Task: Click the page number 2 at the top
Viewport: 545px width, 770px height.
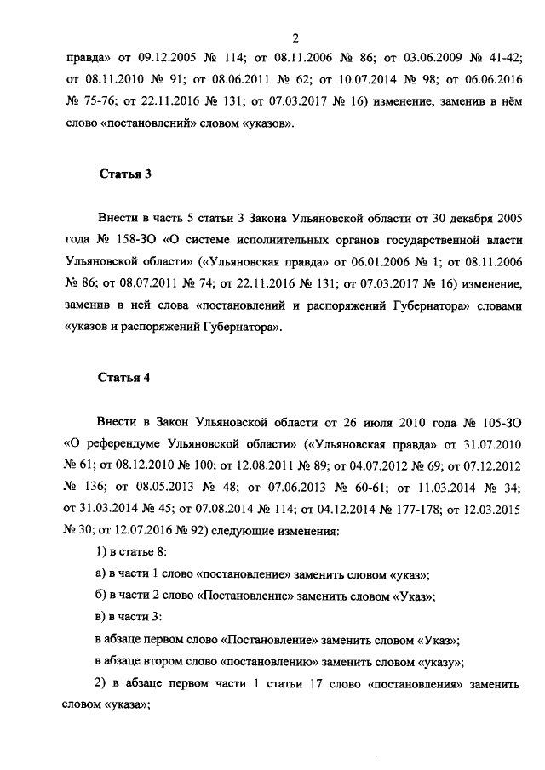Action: [x=295, y=37]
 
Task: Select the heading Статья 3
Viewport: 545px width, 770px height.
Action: [x=125, y=176]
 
